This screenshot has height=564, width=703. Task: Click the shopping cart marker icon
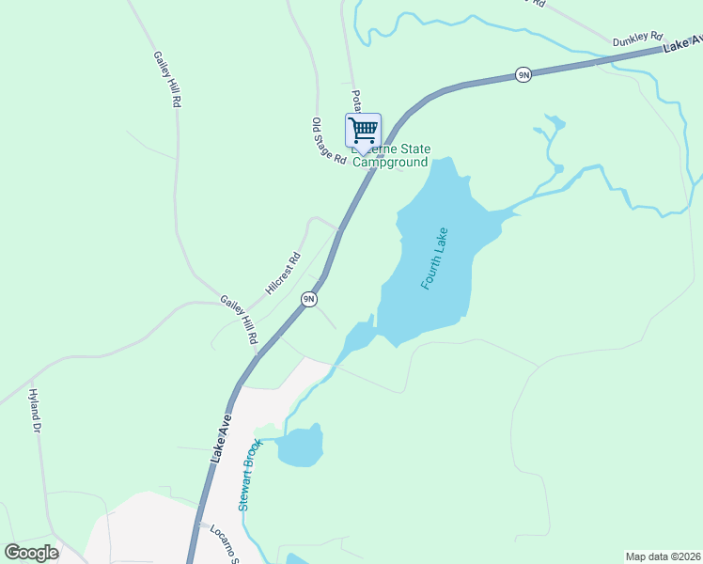point(363,130)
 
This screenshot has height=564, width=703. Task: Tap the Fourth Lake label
point(433,258)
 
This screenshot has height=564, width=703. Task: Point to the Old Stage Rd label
point(329,141)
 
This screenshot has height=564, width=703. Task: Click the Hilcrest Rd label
point(282,274)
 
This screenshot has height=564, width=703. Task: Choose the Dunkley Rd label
point(637,39)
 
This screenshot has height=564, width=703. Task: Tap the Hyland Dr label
point(36,411)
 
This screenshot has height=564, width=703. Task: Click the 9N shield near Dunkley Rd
point(523,74)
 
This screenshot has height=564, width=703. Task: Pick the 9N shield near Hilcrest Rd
point(308,299)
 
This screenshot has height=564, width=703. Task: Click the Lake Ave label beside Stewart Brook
point(220,439)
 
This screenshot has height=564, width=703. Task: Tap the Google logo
point(31,553)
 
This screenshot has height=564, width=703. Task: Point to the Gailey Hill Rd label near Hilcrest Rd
point(240,319)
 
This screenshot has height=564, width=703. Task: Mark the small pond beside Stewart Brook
point(301,446)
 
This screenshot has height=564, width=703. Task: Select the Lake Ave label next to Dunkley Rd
point(682,44)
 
